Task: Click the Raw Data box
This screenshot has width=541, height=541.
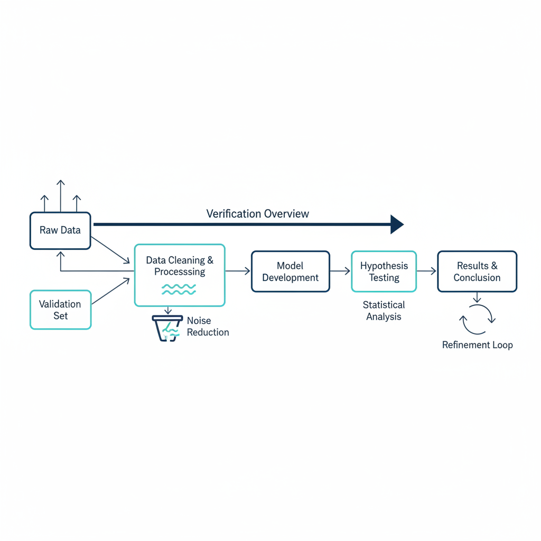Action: coord(60,230)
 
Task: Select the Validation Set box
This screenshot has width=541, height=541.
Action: coord(60,310)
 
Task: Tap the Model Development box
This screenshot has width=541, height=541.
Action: coord(291,272)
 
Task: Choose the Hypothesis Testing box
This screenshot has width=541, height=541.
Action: coord(384,272)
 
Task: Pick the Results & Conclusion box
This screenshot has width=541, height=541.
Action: coord(477,272)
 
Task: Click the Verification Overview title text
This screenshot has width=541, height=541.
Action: coord(257,214)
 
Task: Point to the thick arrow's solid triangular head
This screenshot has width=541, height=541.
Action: coord(397,224)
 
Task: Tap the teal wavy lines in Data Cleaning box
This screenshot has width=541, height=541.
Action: coord(179,290)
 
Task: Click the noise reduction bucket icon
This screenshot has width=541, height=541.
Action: coord(167,328)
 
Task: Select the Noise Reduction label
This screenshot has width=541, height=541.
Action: coord(208,327)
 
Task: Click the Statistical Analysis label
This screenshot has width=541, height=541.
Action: coord(384,311)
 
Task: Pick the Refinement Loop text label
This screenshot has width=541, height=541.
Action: coord(478,345)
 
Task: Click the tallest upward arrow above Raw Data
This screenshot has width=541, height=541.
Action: coord(61,195)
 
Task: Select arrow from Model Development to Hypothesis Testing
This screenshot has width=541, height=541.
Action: coord(340,271)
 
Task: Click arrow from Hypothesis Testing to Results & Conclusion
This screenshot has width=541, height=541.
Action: coord(426,271)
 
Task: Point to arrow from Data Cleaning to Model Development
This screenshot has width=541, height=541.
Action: coord(238,271)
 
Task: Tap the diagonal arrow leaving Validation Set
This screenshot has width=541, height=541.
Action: coord(110,292)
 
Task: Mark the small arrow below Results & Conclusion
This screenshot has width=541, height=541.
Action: coord(477,297)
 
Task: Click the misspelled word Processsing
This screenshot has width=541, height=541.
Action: coord(180,272)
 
